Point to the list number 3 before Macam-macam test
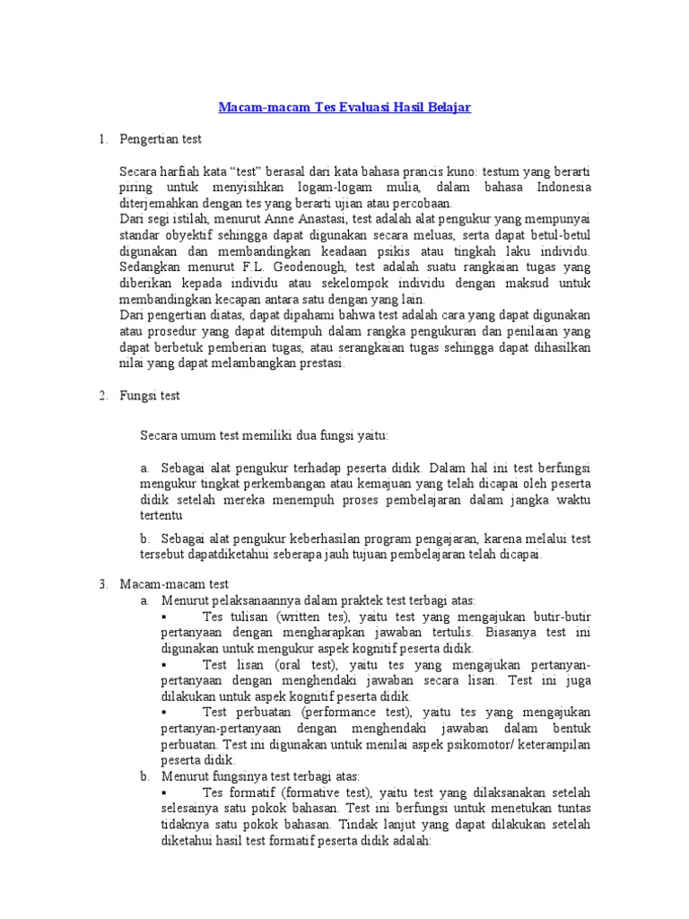[102, 583]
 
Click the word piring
[136, 187]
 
